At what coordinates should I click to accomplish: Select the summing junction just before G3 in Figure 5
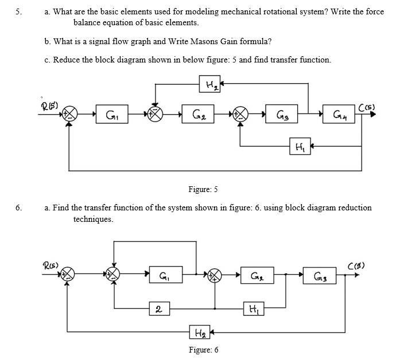(239, 115)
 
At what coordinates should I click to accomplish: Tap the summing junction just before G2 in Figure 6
(216, 276)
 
